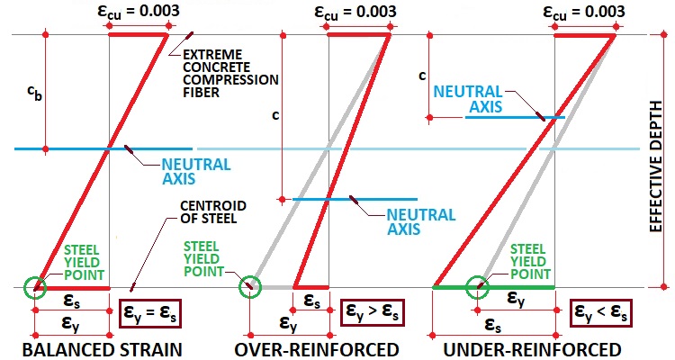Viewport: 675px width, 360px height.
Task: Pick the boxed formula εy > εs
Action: (375, 314)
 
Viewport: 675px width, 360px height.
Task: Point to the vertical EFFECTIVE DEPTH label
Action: (659, 162)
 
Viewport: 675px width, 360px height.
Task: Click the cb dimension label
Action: (32, 92)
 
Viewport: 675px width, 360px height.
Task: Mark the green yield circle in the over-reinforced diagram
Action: (249, 288)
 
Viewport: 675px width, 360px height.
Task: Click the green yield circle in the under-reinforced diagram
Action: (480, 288)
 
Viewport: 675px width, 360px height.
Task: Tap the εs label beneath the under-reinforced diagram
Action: (493, 323)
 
